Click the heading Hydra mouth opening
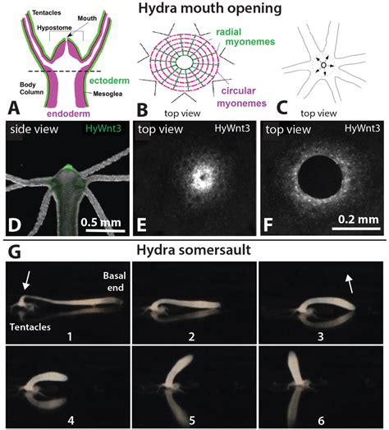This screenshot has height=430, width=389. click(210, 8)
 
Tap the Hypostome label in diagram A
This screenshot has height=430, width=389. click(54, 28)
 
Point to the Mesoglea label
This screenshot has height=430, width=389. click(108, 94)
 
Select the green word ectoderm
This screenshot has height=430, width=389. click(109, 81)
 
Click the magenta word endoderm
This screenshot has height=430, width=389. click(68, 113)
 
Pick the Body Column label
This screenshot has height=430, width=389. click(31, 88)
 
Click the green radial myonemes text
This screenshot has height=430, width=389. click(245, 37)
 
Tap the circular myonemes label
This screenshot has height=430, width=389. click(242, 97)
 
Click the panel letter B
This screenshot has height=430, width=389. click(142, 109)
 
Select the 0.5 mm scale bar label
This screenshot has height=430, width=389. click(101, 222)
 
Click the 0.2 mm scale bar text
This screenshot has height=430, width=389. click(359, 220)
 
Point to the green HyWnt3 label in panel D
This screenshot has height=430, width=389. click(103, 128)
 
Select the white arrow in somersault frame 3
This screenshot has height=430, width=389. click(349, 284)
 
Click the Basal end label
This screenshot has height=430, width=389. click(114, 281)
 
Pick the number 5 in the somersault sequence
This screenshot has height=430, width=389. click(192, 420)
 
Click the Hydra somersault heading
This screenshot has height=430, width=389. click(194, 250)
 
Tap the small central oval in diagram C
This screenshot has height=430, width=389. click(323, 65)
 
